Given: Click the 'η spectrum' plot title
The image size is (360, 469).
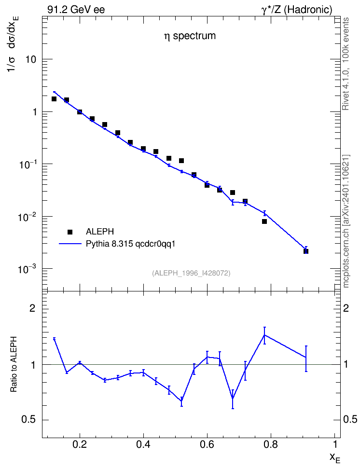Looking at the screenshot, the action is (x=190, y=36).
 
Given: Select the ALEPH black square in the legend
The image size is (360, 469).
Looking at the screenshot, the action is (x=70, y=232).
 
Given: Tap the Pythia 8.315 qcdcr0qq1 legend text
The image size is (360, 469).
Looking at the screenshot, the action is (x=130, y=244).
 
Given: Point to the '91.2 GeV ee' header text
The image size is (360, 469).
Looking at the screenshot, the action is (x=76, y=10).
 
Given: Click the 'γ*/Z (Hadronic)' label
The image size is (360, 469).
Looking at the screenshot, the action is (x=297, y=10).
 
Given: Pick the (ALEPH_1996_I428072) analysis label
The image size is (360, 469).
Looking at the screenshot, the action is (x=191, y=273).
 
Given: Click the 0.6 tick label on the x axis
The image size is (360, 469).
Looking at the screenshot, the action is (x=208, y=444).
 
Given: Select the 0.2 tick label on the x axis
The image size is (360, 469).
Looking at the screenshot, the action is (x=80, y=444).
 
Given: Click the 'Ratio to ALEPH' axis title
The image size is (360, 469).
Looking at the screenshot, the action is (x=14, y=364).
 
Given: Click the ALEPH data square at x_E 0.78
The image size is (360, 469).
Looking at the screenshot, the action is (x=264, y=221).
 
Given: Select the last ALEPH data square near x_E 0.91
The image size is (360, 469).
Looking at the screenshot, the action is (x=306, y=251).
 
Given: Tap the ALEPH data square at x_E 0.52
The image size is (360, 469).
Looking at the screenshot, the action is (x=181, y=161).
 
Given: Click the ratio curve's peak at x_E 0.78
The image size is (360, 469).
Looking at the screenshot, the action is (x=264, y=335).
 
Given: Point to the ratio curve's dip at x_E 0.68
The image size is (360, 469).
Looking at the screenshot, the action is (x=233, y=399).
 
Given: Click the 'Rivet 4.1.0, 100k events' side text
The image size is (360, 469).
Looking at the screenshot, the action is (x=346, y=64).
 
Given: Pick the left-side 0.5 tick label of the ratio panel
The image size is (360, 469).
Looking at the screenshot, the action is (x=29, y=420).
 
